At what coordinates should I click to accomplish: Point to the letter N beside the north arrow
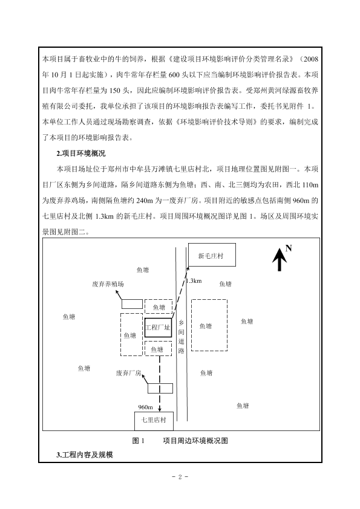click(x=289, y=248)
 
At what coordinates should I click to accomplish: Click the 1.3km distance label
click(x=194, y=281)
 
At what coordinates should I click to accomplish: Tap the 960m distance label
click(x=145, y=407)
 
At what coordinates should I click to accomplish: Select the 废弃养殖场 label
click(x=108, y=284)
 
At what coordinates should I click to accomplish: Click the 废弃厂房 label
click(x=128, y=373)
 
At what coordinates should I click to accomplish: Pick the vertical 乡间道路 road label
click(x=182, y=337)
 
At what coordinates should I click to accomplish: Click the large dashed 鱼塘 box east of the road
click(x=209, y=325)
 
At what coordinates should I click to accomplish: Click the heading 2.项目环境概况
click(x=81, y=154)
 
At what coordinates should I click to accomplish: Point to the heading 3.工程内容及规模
click(x=85, y=455)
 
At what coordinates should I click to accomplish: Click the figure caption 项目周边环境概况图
click(x=195, y=441)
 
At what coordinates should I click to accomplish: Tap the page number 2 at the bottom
click(x=180, y=477)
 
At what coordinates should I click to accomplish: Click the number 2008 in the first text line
click(x=311, y=59)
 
